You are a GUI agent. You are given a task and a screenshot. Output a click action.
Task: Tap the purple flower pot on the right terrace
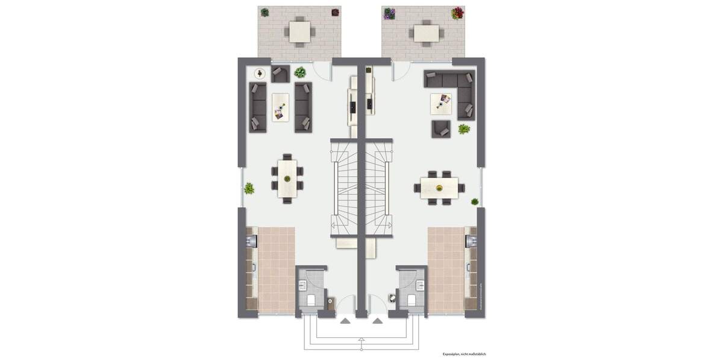[387, 12]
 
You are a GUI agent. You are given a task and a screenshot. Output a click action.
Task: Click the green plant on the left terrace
[264, 12]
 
